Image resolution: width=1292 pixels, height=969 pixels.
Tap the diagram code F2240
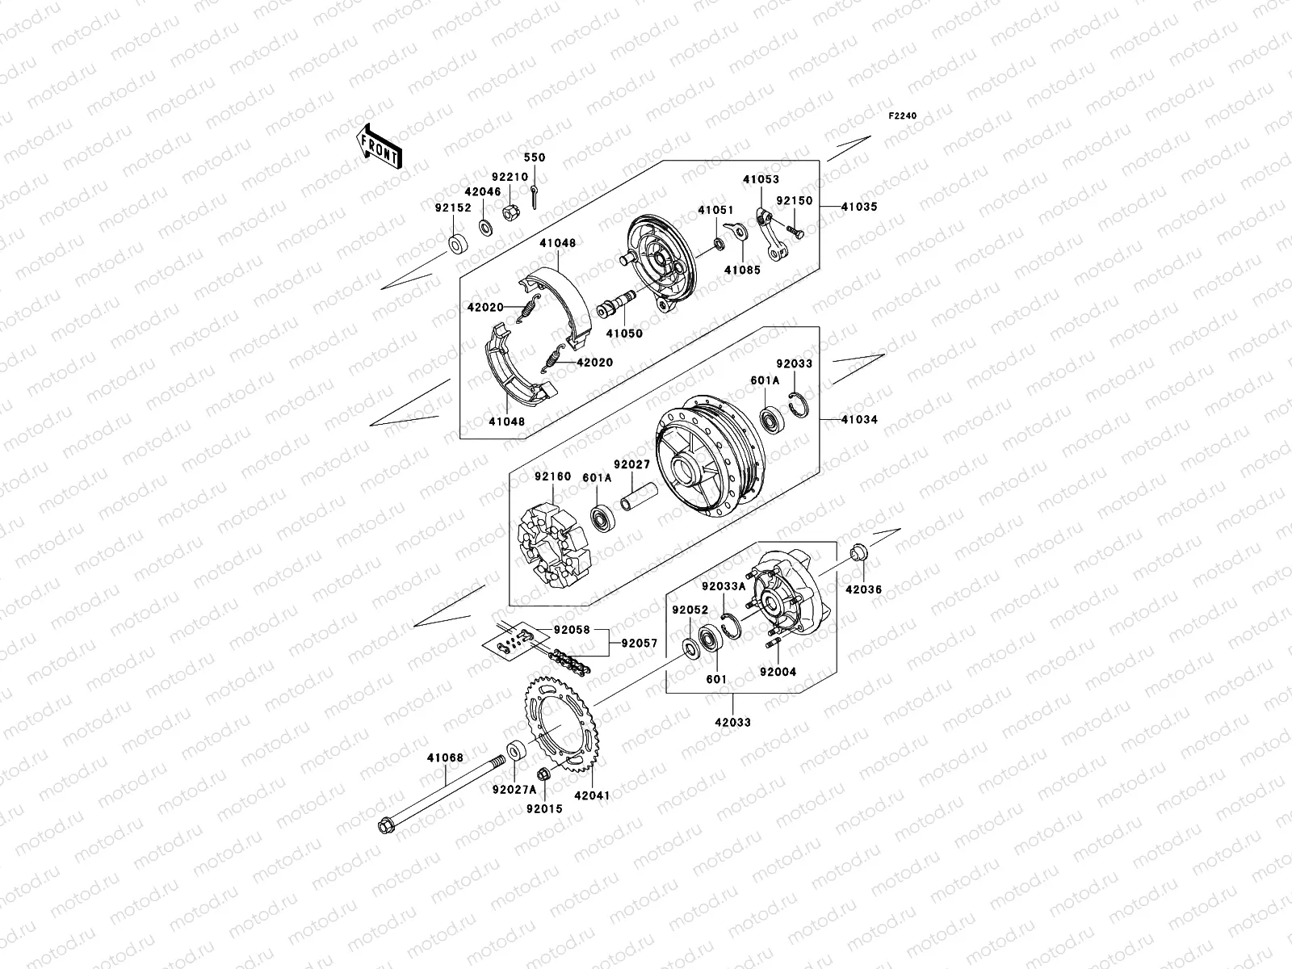tap(903, 116)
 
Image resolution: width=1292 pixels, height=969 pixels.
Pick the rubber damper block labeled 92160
tap(552, 546)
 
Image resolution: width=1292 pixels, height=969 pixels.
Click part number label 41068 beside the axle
tap(445, 757)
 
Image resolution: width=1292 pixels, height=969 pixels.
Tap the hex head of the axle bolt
tap(385, 825)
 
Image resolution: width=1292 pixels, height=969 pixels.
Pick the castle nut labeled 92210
tap(510, 213)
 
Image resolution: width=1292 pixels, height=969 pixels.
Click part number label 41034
tap(858, 420)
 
